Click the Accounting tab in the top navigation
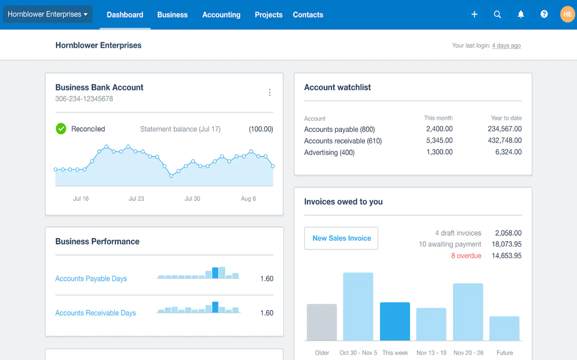pyautogui.click(x=221, y=15)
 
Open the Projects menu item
pyautogui.click(x=268, y=15)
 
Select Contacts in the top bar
pyautogui.click(x=308, y=15)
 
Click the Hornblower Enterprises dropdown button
pyautogui.click(x=47, y=15)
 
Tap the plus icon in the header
pyautogui.click(x=474, y=15)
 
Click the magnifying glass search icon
pyautogui.click(x=497, y=15)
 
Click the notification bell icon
pyautogui.click(x=521, y=15)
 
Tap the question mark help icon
pyautogui.click(x=544, y=15)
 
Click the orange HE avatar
pyautogui.click(x=567, y=15)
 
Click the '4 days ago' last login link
pyautogui.click(x=506, y=46)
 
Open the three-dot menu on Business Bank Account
pyautogui.click(x=270, y=93)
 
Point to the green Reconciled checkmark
pyautogui.click(x=61, y=129)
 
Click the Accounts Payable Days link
pyautogui.click(x=91, y=278)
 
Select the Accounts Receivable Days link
pyautogui.click(x=95, y=313)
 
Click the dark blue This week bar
pyautogui.click(x=395, y=321)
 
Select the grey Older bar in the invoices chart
pyautogui.click(x=322, y=322)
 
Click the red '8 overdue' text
pyautogui.click(x=466, y=256)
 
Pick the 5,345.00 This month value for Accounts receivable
pyautogui.click(x=439, y=141)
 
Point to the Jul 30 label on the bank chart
pyautogui.click(x=192, y=199)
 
